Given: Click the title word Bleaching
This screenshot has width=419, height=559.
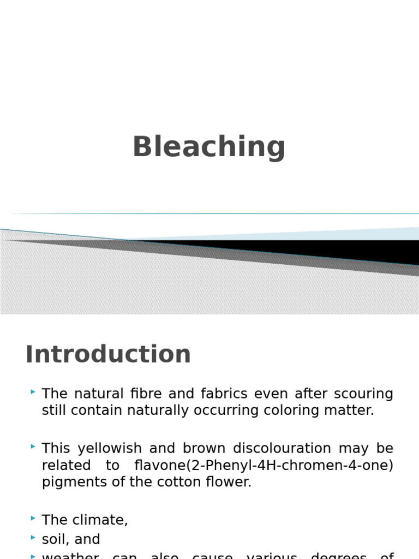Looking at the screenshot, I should click(x=209, y=147).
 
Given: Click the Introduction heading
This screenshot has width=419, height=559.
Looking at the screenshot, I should click(x=108, y=354).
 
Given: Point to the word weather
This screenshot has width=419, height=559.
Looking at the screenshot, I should click(x=70, y=556).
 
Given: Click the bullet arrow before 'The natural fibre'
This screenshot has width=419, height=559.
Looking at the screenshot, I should click(x=33, y=391).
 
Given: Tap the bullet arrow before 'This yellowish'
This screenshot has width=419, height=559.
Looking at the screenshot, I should click(x=33, y=446).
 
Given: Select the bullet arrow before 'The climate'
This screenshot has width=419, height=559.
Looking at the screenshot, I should click(x=33, y=518).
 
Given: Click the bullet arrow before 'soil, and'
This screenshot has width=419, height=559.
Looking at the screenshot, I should click(x=33, y=537).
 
